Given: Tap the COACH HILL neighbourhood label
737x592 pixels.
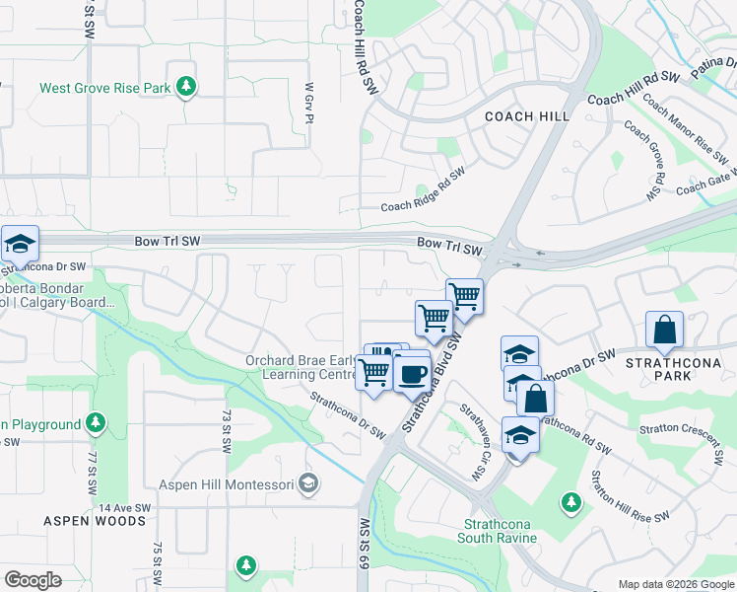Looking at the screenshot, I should tap(527, 116).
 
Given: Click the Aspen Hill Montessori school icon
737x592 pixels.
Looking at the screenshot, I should tap(309, 483).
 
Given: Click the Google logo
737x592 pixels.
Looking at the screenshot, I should tap(33, 579).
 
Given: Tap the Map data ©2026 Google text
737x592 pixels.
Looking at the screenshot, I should tap(674, 583).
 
